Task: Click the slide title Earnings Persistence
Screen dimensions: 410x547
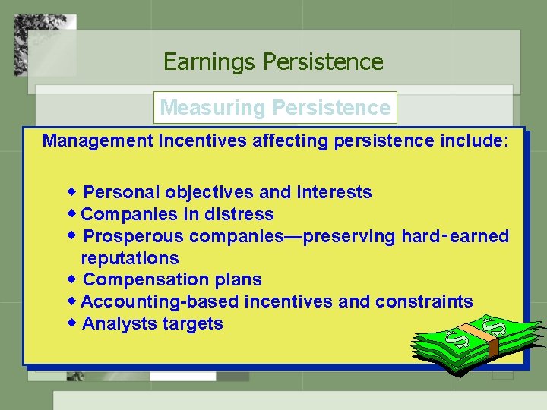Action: [x=273, y=61]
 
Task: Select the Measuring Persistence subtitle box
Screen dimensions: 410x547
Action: [x=274, y=108]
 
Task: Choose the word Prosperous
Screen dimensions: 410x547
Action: [x=134, y=236]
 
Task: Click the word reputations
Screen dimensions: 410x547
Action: [x=130, y=258]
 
